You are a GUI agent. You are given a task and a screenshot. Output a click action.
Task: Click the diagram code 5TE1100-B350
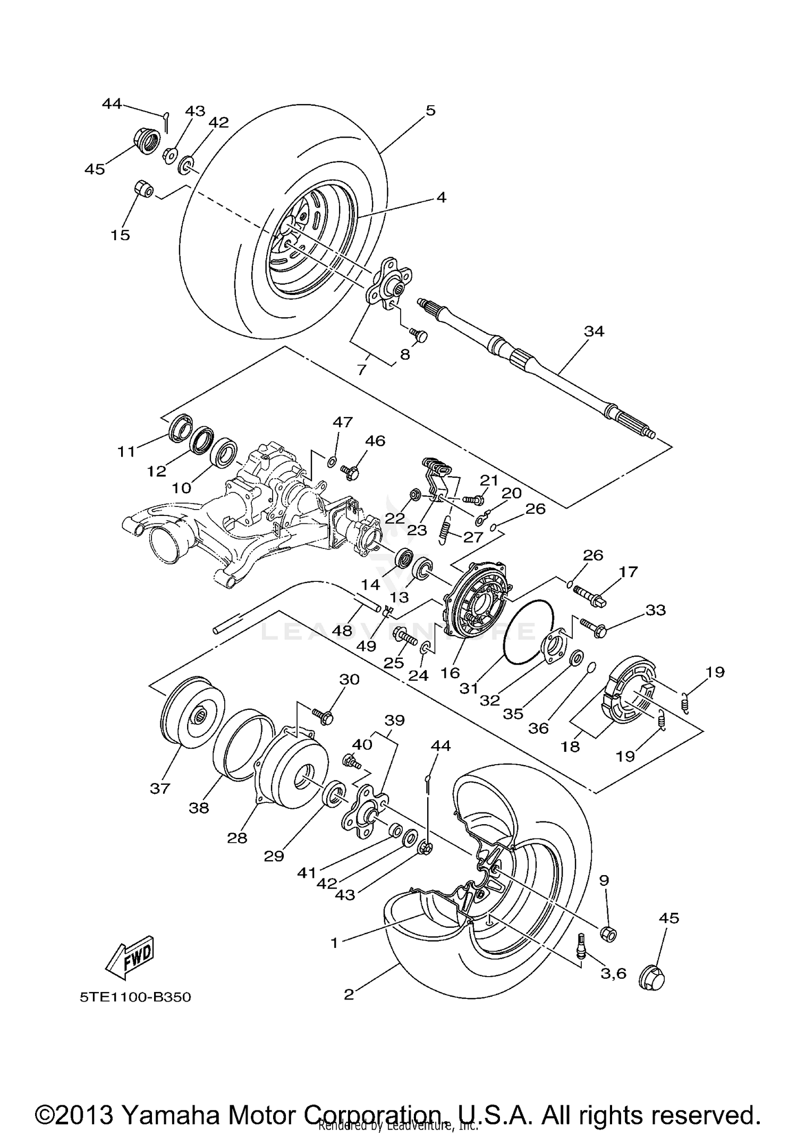pyautogui.click(x=135, y=997)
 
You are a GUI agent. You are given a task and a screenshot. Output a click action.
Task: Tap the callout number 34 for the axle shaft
pyautogui.click(x=594, y=331)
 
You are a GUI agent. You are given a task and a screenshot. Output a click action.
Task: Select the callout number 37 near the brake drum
pyautogui.click(x=159, y=788)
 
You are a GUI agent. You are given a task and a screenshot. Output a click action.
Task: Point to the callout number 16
pyautogui.click(x=450, y=673)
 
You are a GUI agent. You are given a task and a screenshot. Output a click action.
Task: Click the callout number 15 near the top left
pyautogui.click(x=120, y=235)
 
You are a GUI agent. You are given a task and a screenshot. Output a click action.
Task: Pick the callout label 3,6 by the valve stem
pyautogui.click(x=613, y=973)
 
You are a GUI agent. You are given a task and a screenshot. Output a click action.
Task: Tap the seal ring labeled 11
pyautogui.click(x=179, y=427)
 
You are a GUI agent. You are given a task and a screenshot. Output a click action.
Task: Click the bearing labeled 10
pyautogui.click(x=223, y=452)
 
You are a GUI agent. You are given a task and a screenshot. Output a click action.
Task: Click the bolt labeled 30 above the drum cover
pyautogui.click(x=324, y=716)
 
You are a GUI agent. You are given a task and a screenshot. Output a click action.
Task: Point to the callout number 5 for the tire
pyautogui.click(x=430, y=111)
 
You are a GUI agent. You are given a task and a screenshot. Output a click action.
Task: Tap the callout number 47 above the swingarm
pyautogui.click(x=343, y=422)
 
